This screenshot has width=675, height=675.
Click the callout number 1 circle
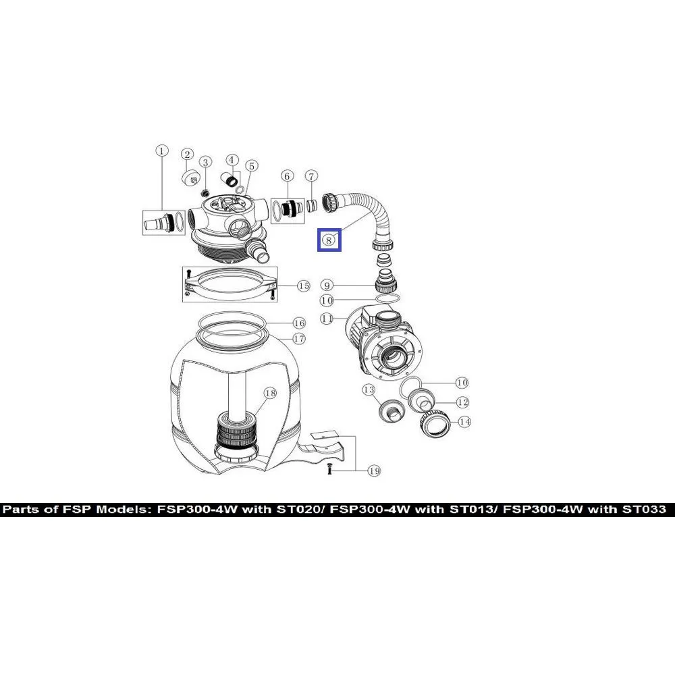coord(161,151)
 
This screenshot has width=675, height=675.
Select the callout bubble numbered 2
coord(187,155)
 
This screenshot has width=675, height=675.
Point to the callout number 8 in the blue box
coord(329,240)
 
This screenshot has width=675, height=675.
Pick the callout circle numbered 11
coord(327,319)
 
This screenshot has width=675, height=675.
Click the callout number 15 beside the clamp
coord(304,286)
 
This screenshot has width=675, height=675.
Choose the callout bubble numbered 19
coord(375,471)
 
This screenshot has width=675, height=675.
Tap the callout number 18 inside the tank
coord(270,393)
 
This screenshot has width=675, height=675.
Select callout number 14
coord(464,422)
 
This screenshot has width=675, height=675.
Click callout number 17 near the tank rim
coord(299,340)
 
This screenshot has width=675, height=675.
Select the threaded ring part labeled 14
coord(434,424)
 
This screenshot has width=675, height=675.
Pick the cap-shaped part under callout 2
coord(190,178)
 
